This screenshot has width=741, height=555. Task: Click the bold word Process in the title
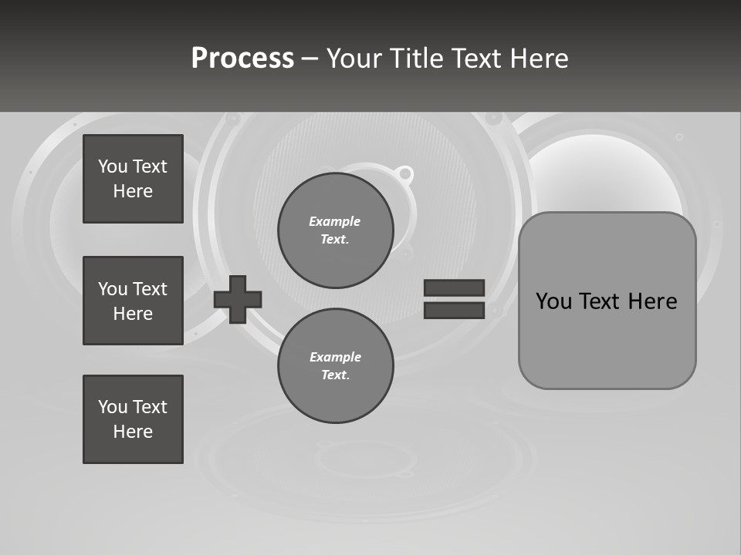242,58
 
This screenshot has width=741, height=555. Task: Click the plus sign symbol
238,299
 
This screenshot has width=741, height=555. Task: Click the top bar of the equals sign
454,288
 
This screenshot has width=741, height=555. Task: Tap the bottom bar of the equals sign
454,310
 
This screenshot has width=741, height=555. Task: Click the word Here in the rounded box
652,301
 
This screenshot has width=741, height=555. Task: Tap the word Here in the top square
133,191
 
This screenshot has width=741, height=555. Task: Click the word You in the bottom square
113,406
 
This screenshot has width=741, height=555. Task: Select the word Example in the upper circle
335,221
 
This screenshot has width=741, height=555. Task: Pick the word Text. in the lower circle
335,375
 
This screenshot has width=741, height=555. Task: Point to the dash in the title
310,59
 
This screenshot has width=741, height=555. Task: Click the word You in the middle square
113,288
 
